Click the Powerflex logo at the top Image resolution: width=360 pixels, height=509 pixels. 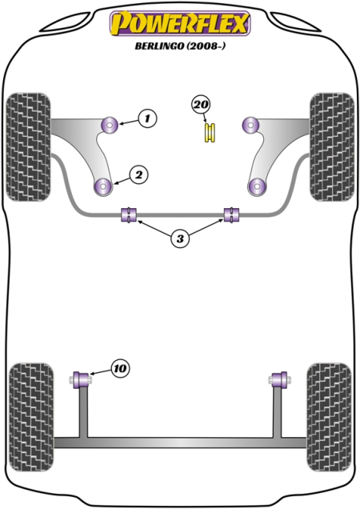(x=180, y=23)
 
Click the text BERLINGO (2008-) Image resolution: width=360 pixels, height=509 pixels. (x=180, y=46)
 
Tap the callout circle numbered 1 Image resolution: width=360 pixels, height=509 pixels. (x=148, y=118)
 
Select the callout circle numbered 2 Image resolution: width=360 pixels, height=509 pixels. (x=138, y=175)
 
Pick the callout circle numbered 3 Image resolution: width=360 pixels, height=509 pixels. (x=180, y=239)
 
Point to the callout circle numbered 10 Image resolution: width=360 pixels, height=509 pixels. (x=120, y=368)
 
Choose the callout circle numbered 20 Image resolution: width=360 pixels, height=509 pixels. (x=201, y=105)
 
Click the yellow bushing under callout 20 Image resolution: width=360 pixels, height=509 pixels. (x=210, y=132)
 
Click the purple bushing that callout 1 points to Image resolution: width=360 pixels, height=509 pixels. (x=110, y=124)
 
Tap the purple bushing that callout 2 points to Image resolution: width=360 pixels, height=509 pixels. (x=103, y=187)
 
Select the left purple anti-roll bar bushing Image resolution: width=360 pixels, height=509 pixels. (x=129, y=215)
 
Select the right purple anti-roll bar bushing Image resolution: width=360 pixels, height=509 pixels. (x=232, y=215)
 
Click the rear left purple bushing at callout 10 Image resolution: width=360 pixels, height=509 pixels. (x=82, y=379)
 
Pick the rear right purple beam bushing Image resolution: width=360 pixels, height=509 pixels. (x=279, y=379)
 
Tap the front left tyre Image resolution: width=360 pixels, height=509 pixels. (x=29, y=147)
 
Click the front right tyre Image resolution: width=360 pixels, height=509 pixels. (x=332, y=147)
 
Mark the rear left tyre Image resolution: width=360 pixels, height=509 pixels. (x=30, y=417)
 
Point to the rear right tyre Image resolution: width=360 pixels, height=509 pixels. (x=329, y=417)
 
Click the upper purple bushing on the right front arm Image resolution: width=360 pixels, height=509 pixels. (x=250, y=124)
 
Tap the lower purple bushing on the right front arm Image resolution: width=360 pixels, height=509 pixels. (x=257, y=187)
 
